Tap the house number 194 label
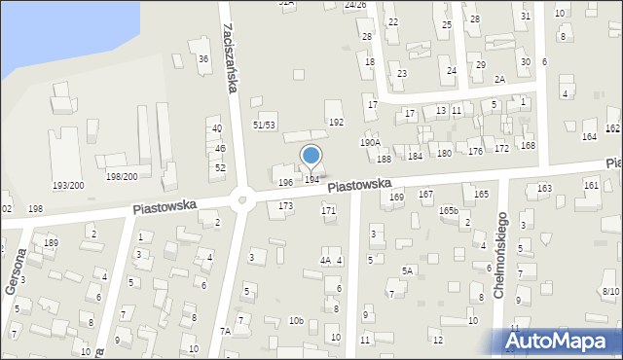click(311, 179)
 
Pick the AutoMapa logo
click(561, 342)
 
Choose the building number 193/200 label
click(68, 185)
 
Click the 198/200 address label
click(122, 176)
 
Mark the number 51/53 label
click(264, 126)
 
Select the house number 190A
click(370, 142)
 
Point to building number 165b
click(448, 210)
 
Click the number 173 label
click(285, 206)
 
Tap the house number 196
click(285, 183)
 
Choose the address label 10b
click(296, 320)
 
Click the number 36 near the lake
click(203, 59)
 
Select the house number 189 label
click(51, 242)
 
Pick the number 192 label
click(336, 123)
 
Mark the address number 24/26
click(355, 5)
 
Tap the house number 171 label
click(329, 210)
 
